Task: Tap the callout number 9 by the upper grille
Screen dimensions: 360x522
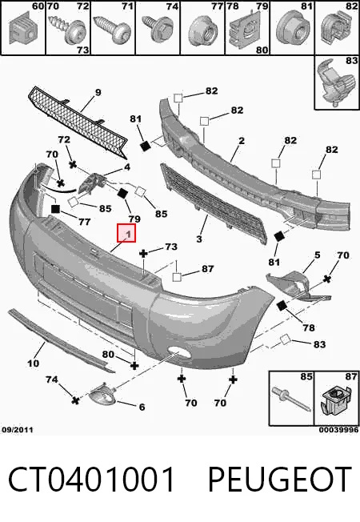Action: coord(98,92)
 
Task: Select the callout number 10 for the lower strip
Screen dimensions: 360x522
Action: coord(33,363)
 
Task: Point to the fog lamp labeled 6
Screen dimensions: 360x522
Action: coord(102,395)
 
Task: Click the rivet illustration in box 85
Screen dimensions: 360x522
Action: coord(291,400)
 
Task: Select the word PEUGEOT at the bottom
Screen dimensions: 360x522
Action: coord(280,479)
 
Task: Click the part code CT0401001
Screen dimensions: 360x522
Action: coord(91,479)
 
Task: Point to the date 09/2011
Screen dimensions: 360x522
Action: coord(18,430)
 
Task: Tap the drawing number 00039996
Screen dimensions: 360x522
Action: coord(338,430)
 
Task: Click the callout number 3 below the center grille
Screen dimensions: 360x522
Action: coord(199,239)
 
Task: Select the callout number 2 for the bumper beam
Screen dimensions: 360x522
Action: coord(242,140)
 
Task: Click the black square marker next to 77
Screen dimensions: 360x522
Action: coord(55,209)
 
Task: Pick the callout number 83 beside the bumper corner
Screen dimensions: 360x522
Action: coord(319,344)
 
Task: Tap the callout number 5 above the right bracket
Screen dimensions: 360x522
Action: coord(317,255)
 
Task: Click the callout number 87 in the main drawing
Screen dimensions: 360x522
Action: coord(208,268)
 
